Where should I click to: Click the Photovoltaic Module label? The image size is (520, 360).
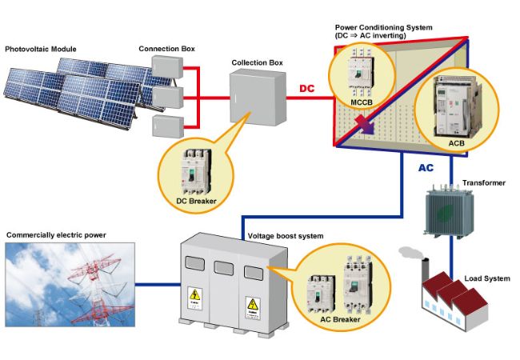pos(41,49)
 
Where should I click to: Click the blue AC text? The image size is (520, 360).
pos(428,170)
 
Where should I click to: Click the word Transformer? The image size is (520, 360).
pos(483,183)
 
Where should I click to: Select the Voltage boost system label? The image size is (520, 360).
pos(286,238)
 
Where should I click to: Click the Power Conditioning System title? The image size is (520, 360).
pos(384,27)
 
